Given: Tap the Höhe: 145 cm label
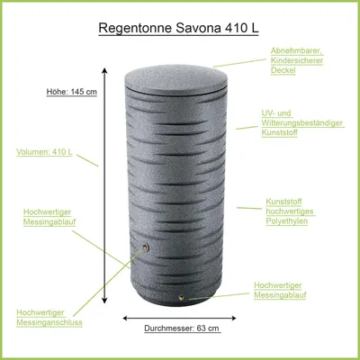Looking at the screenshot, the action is [x=72, y=92].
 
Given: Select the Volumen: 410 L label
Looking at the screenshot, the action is [x=44, y=152].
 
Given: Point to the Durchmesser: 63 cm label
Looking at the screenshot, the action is [x=182, y=328].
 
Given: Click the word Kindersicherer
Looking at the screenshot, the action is [x=297, y=60].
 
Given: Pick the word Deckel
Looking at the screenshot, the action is [x=283, y=70].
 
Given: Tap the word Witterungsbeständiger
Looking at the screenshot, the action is [x=301, y=123].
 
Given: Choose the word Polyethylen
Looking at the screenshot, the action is [x=287, y=221].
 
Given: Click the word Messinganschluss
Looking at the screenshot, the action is [x=49, y=322].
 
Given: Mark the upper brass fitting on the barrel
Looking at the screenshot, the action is [x=145, y=247].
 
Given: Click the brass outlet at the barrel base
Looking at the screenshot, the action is [x=181, y=298].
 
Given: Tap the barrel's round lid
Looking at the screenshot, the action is [x=176, y=79].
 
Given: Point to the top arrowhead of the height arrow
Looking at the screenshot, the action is [x=104, y=70].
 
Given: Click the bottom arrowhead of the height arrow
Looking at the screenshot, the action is [x=104, y=301].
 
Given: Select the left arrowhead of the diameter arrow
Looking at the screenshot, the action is [x=126, y=319].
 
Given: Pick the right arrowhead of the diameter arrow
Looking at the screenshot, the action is [x=233, y=319].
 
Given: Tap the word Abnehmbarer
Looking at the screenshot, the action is [x=296, y=50].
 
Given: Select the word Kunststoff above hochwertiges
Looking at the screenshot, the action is [x=283, y=202].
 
